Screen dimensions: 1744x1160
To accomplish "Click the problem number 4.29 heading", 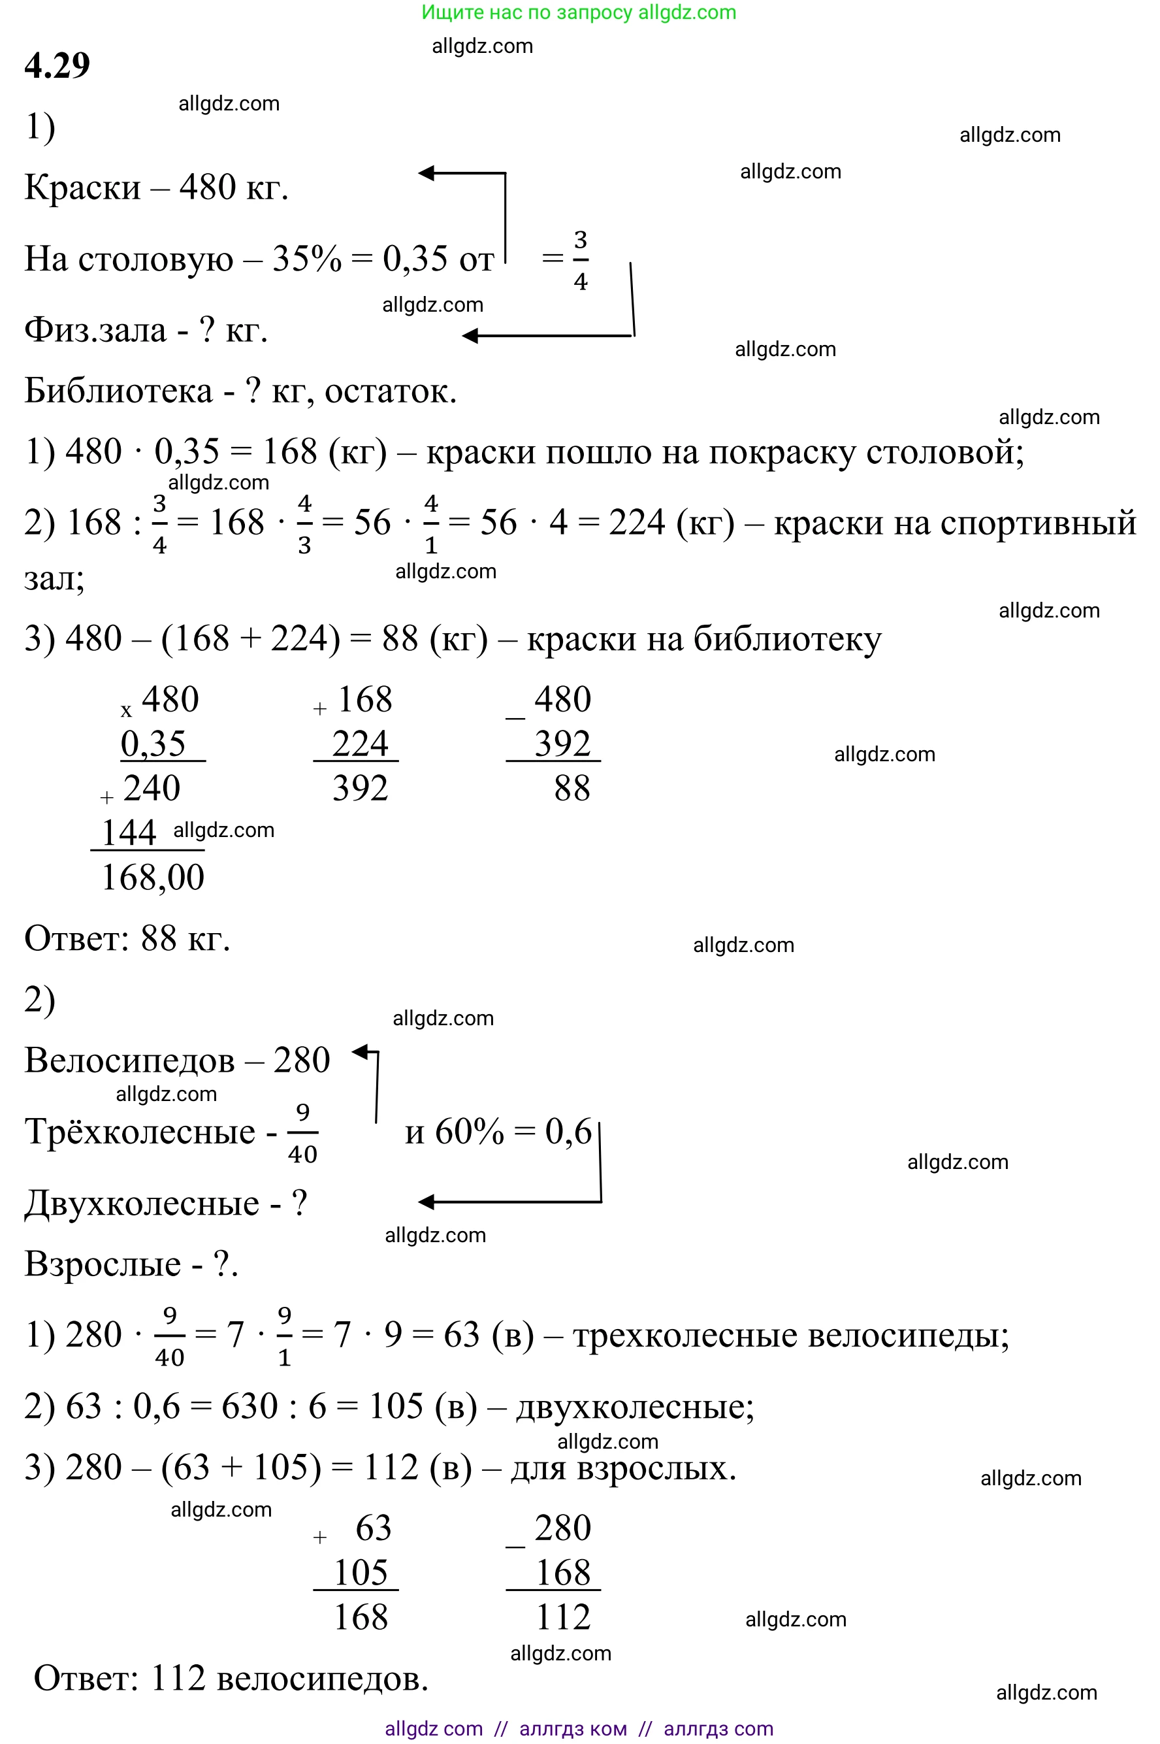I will (x=57, y=65).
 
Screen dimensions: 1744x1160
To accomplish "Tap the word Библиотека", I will (x=118, y=391).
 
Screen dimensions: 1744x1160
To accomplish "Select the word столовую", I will (x=155, y=259).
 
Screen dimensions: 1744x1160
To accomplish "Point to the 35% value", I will (x=307, y=259).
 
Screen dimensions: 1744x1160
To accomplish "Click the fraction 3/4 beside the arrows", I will (x=581, y=261).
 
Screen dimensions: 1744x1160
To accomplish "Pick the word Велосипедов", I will (x=129, y=1061).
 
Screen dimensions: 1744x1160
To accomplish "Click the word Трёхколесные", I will (x=140, y=1131).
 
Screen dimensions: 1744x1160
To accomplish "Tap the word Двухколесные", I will (x=142, y=1203).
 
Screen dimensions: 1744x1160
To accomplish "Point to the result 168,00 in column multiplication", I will (x=152, y=878).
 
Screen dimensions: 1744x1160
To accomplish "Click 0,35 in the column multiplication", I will (x=153, y=744).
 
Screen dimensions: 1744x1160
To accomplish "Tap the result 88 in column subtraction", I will (x=572, y=788).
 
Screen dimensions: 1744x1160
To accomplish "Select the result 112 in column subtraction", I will (x=563, y=1617).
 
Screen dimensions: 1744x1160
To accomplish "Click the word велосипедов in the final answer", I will (x=323, y=1678).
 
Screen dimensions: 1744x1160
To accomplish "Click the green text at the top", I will (x=579, y=12).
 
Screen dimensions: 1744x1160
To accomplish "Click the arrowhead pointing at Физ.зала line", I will (x=470, y=336).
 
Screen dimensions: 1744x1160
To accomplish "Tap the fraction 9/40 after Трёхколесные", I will (x=302, y=1132).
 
